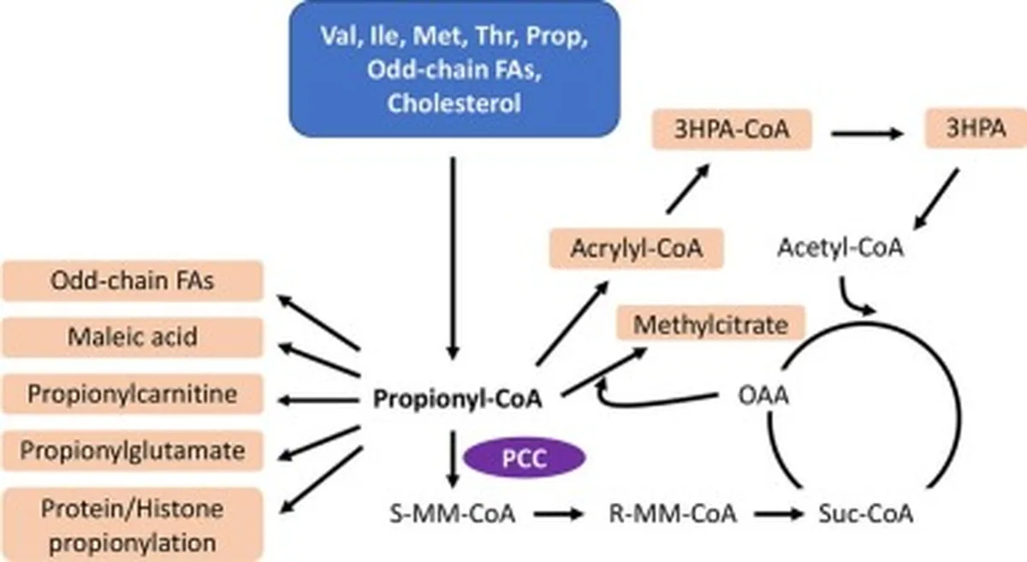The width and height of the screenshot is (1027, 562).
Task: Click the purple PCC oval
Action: coord(525,458)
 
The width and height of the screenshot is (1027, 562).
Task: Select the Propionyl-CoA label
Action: coord(458,399)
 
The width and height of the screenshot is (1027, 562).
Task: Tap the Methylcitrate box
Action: coord(710,323)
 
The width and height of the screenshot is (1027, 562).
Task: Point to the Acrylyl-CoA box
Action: coord(637,248)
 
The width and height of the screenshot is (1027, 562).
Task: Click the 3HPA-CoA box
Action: coord(733,129)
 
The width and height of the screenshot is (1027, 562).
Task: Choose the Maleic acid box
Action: coord(133,337)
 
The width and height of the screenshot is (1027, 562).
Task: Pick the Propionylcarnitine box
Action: coord(133,393)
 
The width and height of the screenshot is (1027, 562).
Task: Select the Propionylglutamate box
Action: coord(133,451)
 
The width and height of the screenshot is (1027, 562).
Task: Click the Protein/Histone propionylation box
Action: coord(133,525)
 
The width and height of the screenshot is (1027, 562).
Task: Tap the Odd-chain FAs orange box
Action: coord(133,281)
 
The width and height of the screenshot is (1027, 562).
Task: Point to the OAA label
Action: coord(763,395)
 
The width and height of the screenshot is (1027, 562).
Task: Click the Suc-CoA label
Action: coord(865,513)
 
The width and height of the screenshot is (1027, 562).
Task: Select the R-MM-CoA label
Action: coord(673,513)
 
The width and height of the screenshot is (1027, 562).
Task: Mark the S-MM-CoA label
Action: coord(452,513)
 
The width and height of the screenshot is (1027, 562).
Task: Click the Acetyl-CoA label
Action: coord(840,247)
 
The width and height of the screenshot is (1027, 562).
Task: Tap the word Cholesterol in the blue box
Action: coord(454,104)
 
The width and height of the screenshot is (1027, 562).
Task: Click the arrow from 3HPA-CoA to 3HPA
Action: coord(867,133)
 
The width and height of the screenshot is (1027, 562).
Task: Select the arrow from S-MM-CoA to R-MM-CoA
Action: coord(558,514)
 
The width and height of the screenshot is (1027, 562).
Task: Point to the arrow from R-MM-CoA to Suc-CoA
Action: coord(779,514)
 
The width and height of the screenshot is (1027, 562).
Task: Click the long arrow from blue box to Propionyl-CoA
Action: coord(453,258)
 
